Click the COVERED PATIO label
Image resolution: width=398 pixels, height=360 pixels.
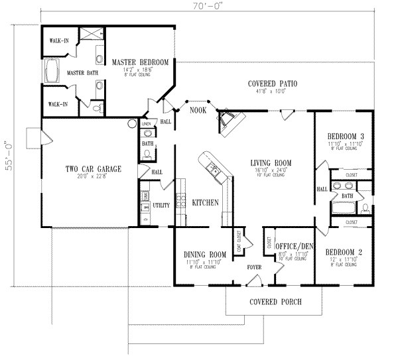272,84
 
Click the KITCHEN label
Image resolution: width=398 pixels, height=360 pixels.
206,202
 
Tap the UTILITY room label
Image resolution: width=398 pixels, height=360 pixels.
161,206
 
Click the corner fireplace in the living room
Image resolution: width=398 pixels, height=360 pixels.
230,122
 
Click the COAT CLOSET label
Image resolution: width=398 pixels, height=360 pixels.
237,243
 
